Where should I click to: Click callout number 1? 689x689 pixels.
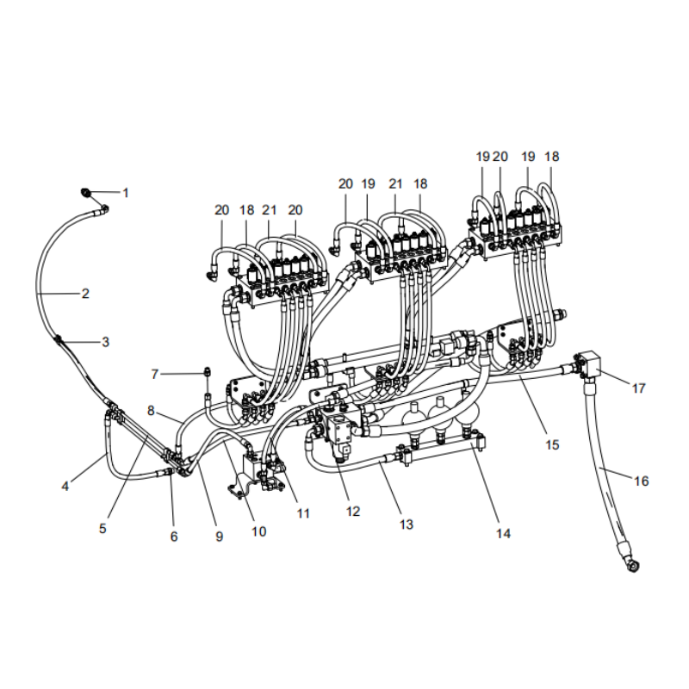(x=125, y=193)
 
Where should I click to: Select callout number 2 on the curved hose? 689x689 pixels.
(x=85, y=293)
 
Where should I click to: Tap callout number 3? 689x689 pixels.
(x=105, y=342)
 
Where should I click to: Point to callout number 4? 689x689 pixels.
(x=65, y=486)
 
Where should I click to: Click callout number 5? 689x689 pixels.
(x=102, y=529)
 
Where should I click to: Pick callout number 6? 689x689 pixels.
(x=174, y=536)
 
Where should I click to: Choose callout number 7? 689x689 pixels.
(x=155, y=374)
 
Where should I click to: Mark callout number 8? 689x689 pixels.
(x=151, y=410)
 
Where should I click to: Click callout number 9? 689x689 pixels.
(x=219, y=536)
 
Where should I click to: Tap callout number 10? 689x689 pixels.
(x=258, y=531)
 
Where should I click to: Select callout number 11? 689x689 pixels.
(x=303, y=513)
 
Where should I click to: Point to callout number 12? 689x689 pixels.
(x=353, y=511)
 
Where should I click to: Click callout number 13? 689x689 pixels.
(x=407, y=524)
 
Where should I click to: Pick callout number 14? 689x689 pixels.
(x=503, y=533)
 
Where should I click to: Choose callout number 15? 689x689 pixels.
(x=552, y=444)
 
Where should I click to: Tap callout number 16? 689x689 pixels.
(x=641, y=481)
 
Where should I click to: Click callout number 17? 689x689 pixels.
(x=638, y=388)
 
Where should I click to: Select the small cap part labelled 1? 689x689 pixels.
(x=87, y=192)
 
